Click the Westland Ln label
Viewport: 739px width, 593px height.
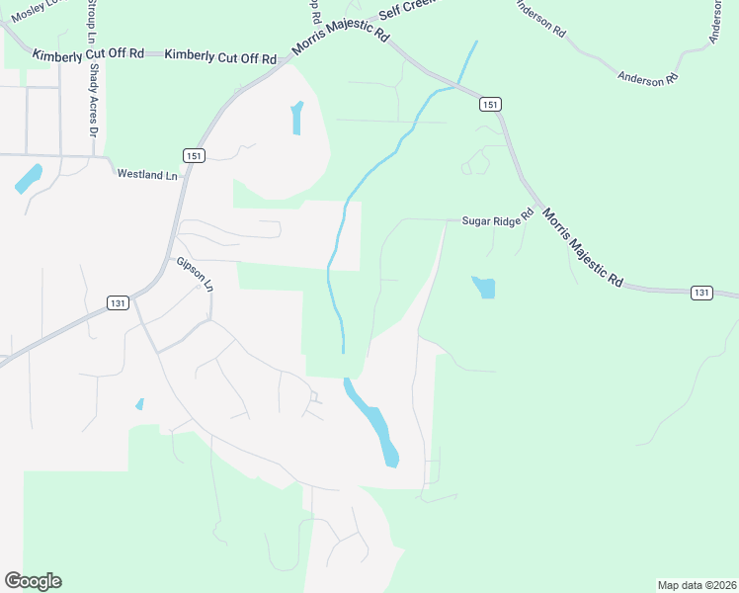[146, 174]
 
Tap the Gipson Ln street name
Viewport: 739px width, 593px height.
[195, 274]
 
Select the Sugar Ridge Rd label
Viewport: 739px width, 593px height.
[498, 221]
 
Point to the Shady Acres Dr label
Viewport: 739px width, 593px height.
[95, 100]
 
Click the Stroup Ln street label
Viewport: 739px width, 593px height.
[90, 22]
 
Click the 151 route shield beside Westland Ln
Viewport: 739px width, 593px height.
[194, 156]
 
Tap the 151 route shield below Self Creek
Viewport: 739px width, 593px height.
[490, 104]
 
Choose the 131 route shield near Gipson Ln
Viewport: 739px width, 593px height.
[118, 303]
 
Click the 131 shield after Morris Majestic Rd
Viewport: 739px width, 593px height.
[700, 293]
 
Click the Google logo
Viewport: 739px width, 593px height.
[33, 581]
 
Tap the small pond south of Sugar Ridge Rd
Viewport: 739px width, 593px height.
[484, 288]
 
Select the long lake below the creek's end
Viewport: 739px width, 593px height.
[374, 422]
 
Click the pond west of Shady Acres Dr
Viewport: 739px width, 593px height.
[29, 178]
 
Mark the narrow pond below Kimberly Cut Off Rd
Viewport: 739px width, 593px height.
[296, 119]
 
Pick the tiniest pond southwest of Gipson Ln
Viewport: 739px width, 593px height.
[139, 404]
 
